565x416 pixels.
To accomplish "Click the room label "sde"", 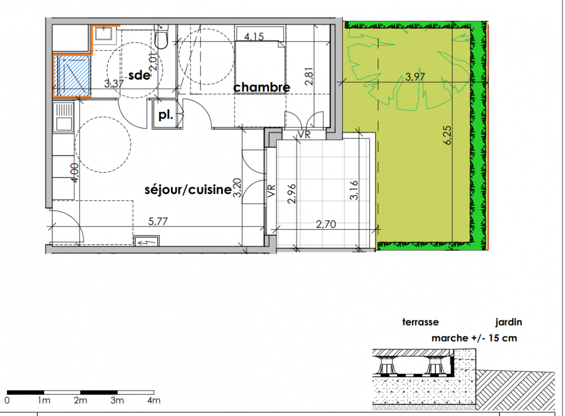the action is (140, 75).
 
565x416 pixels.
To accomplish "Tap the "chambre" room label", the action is (261, 87).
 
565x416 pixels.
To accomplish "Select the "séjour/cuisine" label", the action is (188, 189).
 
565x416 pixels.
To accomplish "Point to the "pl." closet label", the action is (166, 115).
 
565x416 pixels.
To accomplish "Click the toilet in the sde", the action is (161, 36).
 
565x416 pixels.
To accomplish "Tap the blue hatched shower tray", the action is (72, 75).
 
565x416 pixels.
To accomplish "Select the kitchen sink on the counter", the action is (63, 117).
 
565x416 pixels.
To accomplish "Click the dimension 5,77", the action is (158, 221).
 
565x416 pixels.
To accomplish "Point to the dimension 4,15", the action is (254, 37).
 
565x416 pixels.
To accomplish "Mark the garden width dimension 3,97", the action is (415, 76).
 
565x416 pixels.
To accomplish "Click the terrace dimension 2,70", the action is (326, 224).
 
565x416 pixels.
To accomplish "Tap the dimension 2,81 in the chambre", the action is (309, 76).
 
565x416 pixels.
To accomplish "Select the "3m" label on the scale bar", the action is (117, 400).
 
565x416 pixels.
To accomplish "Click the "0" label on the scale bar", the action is (7, 400).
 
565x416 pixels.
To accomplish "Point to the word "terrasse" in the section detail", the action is (420, 322).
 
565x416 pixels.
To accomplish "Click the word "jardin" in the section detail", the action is (508, 322).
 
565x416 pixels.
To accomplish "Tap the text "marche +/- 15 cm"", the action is (474, 338).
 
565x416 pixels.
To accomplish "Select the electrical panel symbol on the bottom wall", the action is (146, 241).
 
